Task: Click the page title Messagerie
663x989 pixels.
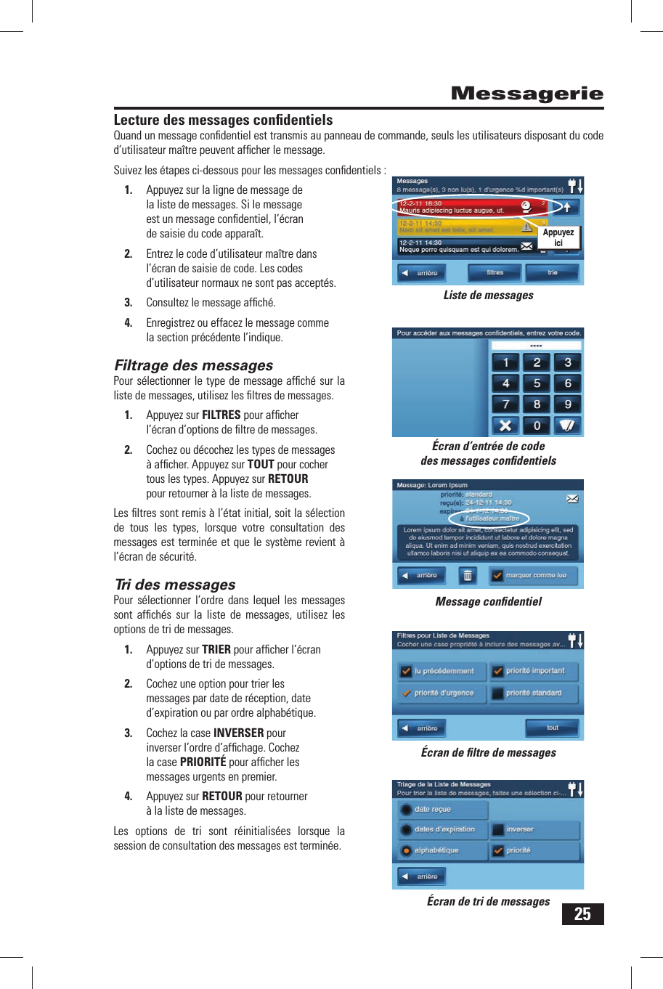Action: [x=526, y=94]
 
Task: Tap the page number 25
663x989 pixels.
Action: [x=582, y=913]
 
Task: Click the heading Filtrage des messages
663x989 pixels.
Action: [x=193, y=365]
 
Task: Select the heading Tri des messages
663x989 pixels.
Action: [x=175, y=585]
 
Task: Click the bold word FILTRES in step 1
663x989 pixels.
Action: [x=221, y=415]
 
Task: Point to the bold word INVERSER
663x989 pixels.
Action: [x=238, y=733]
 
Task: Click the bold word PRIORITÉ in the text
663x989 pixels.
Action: [x=203, y=762]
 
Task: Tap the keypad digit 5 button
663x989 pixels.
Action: [x=537, y=383]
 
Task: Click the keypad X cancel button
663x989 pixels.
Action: [x=505, y=426]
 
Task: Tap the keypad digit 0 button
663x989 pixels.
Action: [x=537, y=426]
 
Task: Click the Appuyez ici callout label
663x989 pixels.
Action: [x=558, y=237]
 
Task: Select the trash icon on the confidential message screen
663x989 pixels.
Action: [x=468, y=575]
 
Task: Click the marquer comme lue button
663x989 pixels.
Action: [x=535, y=575]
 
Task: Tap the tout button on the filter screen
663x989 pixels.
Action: [x=552, y=728]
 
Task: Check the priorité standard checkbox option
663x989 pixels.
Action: [x=534, y=693]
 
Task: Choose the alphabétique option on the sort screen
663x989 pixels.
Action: [x=436, y=850]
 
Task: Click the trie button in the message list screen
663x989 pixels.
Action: [x=553, y=273]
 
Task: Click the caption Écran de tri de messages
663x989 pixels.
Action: [x=488, y=901]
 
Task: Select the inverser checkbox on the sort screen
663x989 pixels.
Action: [x=519, y=829]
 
